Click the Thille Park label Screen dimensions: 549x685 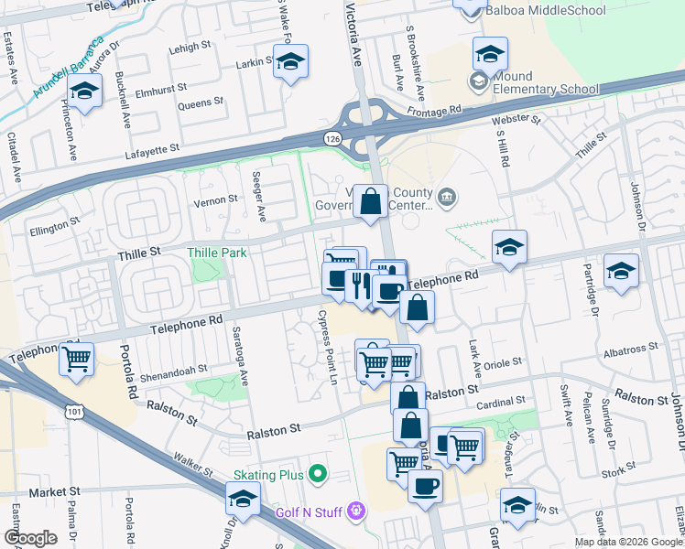tap(216, 253)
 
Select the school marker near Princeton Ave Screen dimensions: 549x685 tap(85, 92)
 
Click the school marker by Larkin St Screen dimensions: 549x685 tap(291, 62)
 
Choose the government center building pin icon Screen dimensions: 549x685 tap(446, 196)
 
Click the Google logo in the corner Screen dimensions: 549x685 tap(29, 538)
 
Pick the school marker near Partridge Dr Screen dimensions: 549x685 tap(622, 271)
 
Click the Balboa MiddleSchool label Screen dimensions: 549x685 tap(548, 11)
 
